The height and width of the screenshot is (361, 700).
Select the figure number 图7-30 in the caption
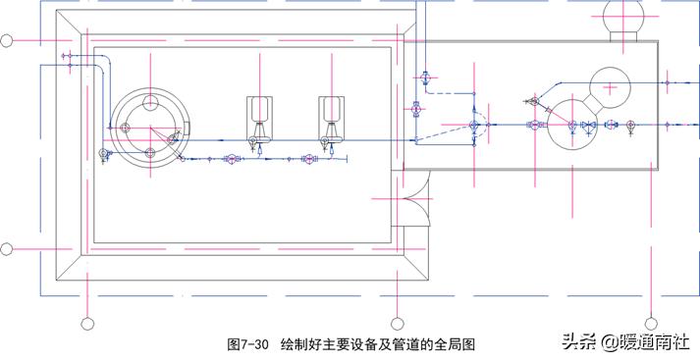tap(247, 344)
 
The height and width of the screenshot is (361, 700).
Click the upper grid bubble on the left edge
tap(7, 41)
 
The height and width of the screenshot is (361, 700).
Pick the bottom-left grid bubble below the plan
tap(86, 323)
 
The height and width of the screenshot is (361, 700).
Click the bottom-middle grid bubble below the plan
tap(398, 323)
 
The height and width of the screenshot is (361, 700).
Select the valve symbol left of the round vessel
tap(106, 153)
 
